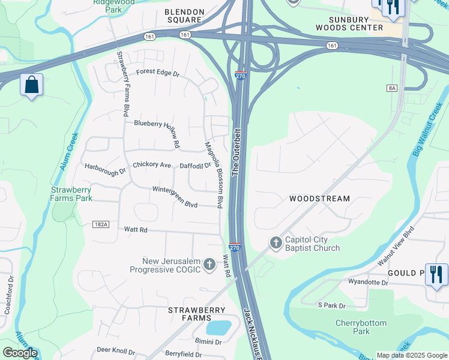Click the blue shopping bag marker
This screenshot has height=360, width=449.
(31, 85)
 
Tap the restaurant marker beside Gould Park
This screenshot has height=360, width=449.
(436, 275)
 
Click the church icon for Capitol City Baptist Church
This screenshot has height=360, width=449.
(276, 243)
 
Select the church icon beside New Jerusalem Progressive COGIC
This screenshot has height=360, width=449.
(209, 265)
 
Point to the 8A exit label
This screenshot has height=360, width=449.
(392, 88)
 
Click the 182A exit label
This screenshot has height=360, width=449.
(101, 224)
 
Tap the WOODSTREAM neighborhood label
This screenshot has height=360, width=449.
(319, 199)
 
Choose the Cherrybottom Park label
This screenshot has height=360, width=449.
(361, 327)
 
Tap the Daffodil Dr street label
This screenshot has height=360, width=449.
(196, 166)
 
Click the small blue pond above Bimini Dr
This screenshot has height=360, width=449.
(218, 328)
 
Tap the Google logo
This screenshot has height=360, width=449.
(20, 353)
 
